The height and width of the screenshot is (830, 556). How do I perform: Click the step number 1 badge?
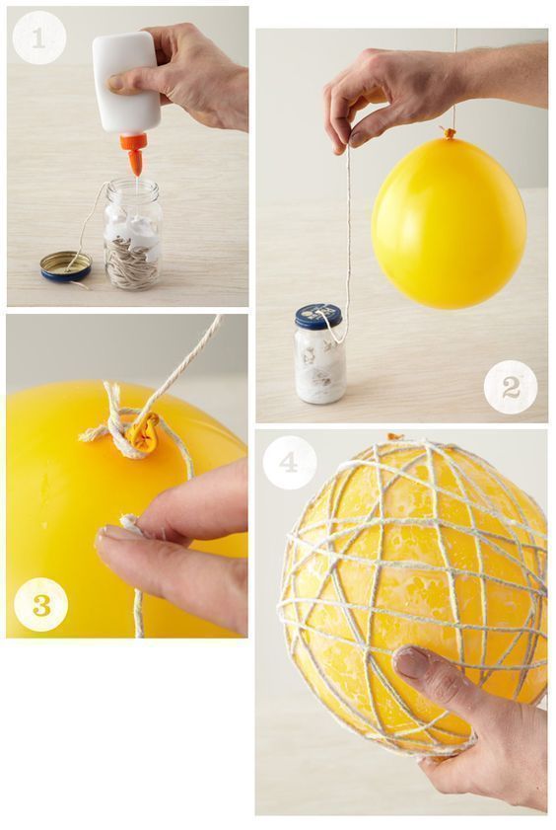pyautogui.click(x=38, y=38)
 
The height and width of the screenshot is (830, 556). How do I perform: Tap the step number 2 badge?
pyautogui.click(x=511, y=387)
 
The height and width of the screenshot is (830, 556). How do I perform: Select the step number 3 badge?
pyautogui.click(x=41, y=604)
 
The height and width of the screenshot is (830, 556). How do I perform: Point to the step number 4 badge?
pyautogui.click(x=289, y=462)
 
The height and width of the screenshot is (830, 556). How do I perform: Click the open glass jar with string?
pyautogui.click(x=133, y=235)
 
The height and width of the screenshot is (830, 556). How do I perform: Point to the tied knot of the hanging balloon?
pyautogui.click(x=449, y=133)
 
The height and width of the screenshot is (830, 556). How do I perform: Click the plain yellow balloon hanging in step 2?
pyautogui.click(x=449, y=221)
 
